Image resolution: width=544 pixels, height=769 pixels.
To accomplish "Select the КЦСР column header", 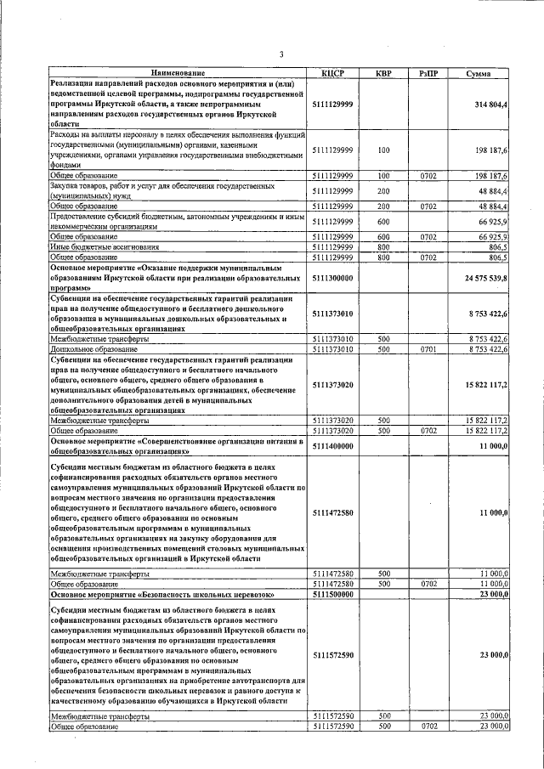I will tap(333, 74).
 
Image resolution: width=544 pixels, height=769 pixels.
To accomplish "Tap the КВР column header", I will tap(383, 74).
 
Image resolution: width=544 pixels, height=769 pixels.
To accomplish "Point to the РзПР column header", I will tap(429, 74).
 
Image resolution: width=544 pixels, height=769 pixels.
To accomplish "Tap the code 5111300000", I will tap(333, 278).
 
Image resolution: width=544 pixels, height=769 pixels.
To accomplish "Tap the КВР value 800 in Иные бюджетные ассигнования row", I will tap(383, 246).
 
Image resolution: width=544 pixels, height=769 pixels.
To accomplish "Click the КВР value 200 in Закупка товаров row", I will tap(383, 191).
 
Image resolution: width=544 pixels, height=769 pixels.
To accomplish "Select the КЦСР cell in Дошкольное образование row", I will tap(333, 348).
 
